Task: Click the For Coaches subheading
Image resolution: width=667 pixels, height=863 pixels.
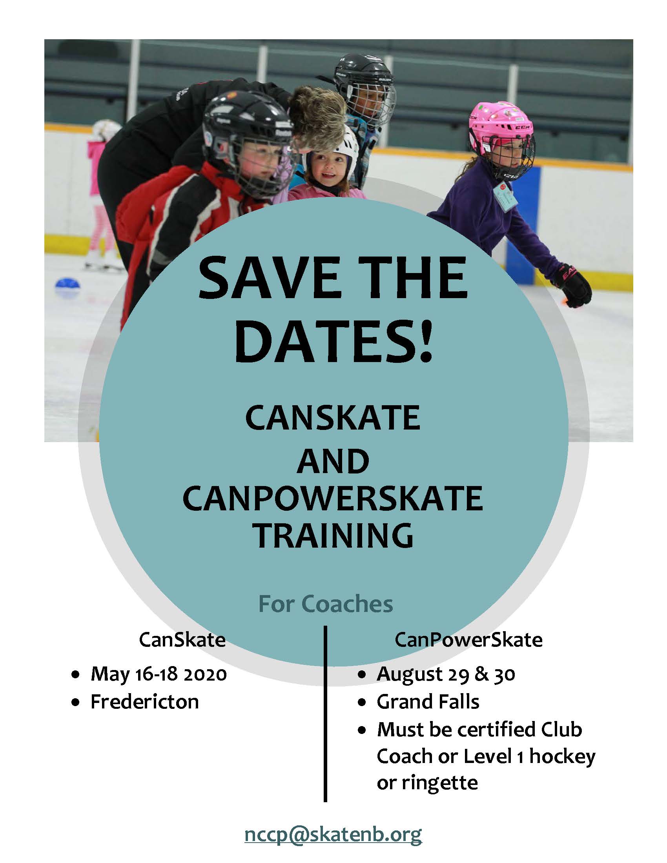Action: [326, 604]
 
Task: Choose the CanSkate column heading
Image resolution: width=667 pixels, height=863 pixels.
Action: [182, 640]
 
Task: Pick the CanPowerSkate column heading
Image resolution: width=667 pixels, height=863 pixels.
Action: [468, 640]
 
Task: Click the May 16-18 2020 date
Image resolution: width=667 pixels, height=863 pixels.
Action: [159, 674]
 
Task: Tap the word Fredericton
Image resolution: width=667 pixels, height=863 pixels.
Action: [145, 702]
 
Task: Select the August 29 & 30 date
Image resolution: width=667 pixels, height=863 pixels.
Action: [446, 674]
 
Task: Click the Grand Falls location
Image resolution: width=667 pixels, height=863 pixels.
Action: [428, 702]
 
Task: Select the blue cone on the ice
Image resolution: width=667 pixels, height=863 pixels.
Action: [67, 284]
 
